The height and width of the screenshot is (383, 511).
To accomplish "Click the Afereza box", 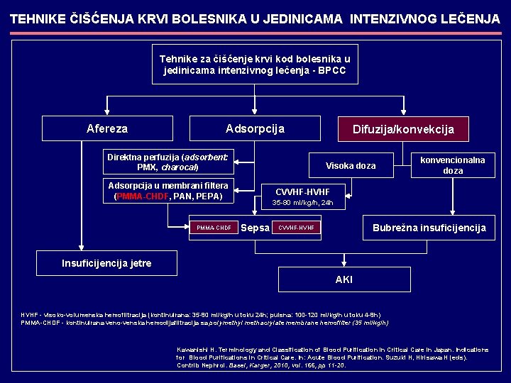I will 107,128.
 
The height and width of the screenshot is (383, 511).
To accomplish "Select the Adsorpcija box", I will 254,128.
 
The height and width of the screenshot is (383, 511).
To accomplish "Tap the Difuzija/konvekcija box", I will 402,129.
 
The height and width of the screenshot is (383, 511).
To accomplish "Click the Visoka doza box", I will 350,166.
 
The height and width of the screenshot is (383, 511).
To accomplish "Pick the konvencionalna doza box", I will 452,165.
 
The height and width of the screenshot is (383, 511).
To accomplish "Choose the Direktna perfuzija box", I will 167,162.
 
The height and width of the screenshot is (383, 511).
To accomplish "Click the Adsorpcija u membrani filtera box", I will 167,191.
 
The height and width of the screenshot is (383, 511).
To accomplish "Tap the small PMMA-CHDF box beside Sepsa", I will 214,228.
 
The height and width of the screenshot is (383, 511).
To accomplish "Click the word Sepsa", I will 255,228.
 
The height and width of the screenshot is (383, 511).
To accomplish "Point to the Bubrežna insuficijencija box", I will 429,228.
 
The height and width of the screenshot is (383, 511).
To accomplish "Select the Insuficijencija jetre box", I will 106,263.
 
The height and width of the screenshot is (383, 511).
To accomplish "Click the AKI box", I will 344,279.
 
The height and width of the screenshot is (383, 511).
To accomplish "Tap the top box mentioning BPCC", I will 255,65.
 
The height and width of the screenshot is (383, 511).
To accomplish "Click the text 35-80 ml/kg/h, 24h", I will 303,203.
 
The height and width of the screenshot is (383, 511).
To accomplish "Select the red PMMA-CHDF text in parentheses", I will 143,196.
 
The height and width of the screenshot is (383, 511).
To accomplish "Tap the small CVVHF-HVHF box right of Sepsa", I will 297,228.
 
